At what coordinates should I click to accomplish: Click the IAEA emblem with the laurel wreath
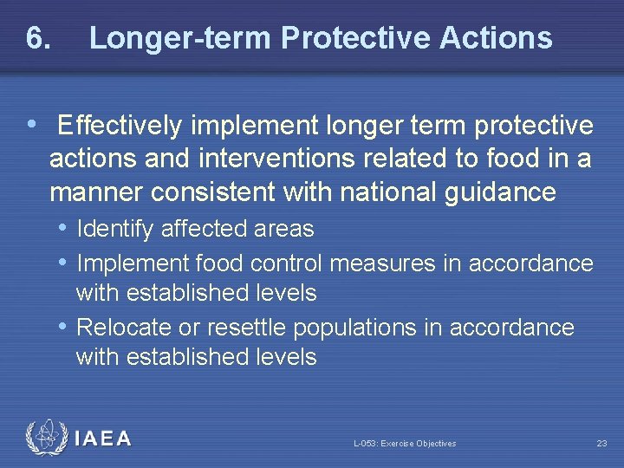45,439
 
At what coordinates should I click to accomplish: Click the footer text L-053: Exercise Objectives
404,444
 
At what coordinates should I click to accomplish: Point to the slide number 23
601,444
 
